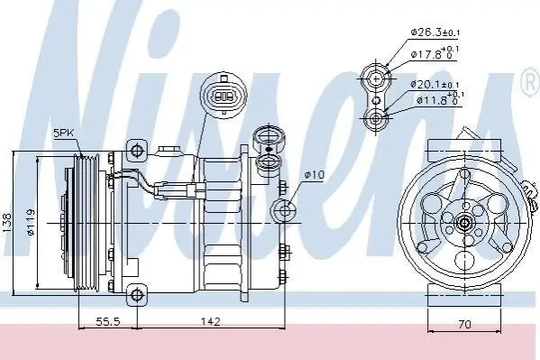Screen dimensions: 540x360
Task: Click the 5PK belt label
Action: click(x=63, y=133)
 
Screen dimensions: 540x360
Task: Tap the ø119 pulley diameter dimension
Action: click(x=31, y=222)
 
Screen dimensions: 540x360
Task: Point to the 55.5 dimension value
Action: click(x=108, y=322)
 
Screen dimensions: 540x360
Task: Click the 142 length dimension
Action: click(x=210, y=322)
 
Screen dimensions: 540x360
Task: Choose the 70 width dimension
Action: click(x=464, y=324)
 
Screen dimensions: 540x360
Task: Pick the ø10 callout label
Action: click(x=314, y=174)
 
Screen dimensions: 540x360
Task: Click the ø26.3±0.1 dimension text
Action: click(x=435, y=32)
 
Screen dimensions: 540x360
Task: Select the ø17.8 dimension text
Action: click(x=435, y=53)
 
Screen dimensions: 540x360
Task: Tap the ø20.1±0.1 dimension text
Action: click(x=435, y=84)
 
